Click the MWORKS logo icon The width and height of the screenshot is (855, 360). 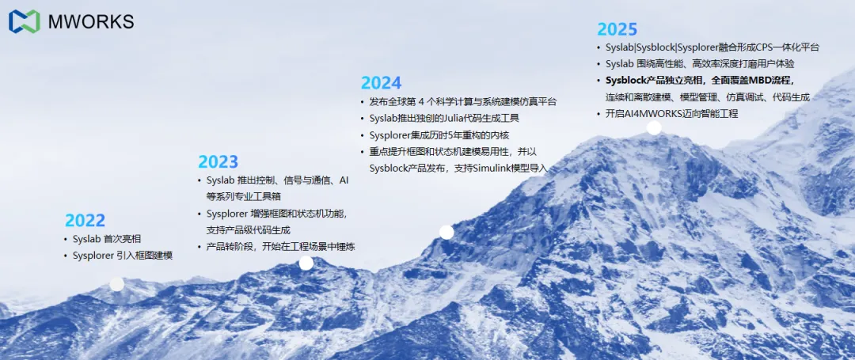[x=24, y=21]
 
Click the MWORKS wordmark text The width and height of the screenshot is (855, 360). [x=91, y=22]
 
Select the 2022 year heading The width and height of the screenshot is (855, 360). [x=85, y=221]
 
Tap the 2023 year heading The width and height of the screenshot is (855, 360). [x=218, y=162]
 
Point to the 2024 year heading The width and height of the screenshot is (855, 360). [x=381, y=82]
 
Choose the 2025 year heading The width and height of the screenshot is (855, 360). [x=617, y=29]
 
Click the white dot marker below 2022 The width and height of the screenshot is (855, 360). [x=116, y=283]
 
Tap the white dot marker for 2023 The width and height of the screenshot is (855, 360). [x=306, y=263]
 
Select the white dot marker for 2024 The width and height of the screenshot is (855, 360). [x=446, y=232]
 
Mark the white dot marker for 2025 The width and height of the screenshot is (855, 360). [x=654, y=127]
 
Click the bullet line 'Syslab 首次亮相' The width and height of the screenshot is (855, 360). [x=107, y=239]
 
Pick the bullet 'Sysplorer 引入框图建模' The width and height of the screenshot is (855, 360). [x=123, y=256]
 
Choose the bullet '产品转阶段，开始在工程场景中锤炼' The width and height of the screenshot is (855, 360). [x=280, y=247]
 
